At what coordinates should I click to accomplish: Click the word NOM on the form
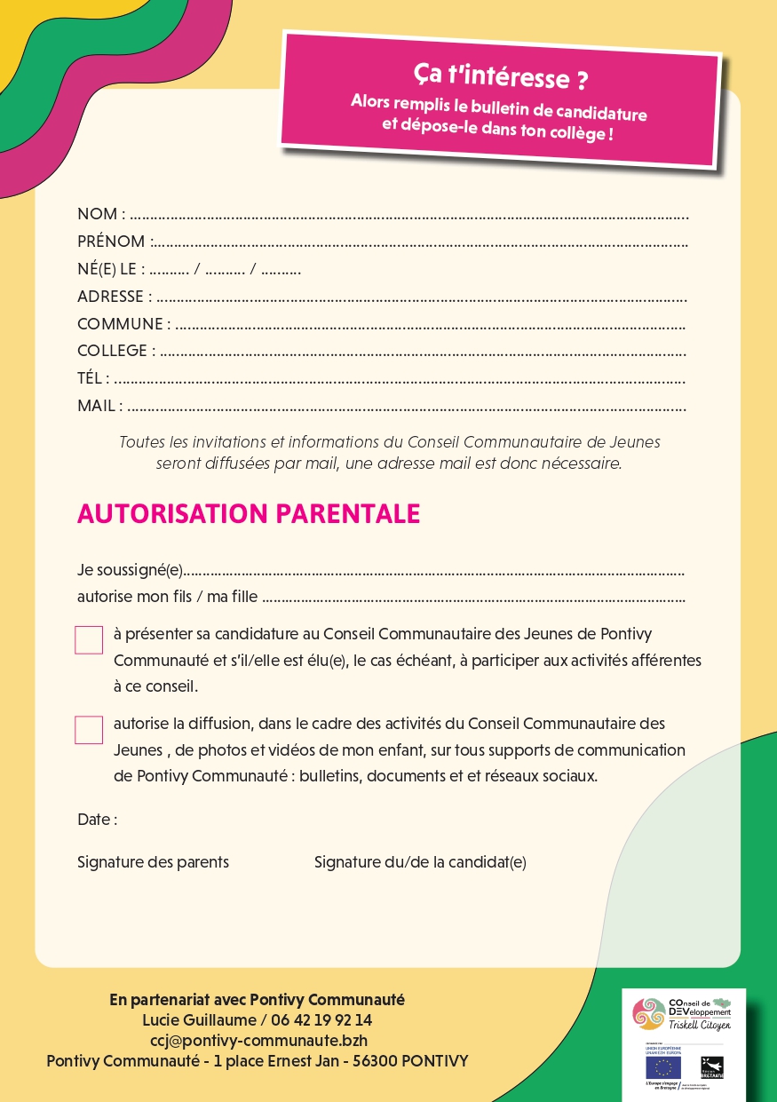pos(97,214)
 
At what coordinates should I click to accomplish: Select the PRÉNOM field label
pos(111,242)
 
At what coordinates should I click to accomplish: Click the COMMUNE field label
pos(120,324)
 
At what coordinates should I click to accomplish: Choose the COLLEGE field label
pos(112,351)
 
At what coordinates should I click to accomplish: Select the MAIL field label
pos(96,406)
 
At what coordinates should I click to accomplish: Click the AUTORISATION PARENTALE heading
pos(249,514)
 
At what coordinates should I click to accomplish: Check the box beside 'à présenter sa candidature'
pos(89,640)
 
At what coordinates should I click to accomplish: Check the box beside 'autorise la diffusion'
pos(89,729)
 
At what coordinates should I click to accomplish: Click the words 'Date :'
pos(97,820)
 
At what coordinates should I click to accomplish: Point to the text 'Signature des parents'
pos(153,862)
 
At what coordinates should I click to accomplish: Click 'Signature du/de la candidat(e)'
pos(420,862)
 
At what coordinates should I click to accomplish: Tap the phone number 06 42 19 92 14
pos(320,1020)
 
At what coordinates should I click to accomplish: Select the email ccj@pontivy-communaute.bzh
pos(258,1041)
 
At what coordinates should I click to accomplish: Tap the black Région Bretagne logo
pos(711,1066)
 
